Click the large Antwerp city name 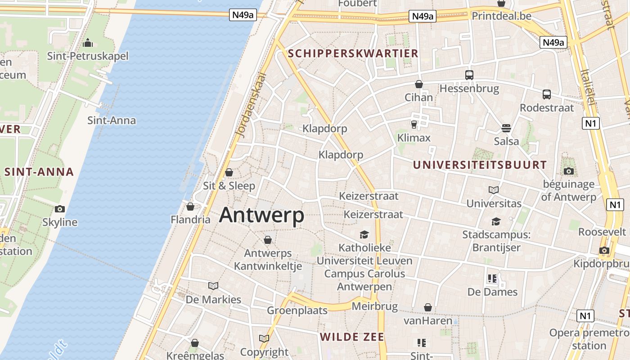click(x=261, y=215)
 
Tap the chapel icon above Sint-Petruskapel click(x=88, y=43)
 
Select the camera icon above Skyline click(x=59, y=209)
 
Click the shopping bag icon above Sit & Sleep click(x=229, y=172)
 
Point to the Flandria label click(x=190, y=220)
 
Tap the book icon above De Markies click(x=213, y=286)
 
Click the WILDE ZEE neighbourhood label click(x=352, y=337)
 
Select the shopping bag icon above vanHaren click(x=427, y=307)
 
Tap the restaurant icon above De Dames click(x=492, y=279)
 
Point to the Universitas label click(x=494, y=203)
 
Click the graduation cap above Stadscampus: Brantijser click(x=496, y=221)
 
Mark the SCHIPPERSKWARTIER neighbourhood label click(x=353, y=54)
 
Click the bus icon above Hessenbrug click(x=469, y=75)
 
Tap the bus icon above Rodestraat click(x=547, y=94)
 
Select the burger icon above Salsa click(x=506, y=128)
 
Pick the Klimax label click(x=414, y=138)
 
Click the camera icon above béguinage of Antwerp click(x=568, y=171)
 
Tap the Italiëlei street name click(x=588, y=88)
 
